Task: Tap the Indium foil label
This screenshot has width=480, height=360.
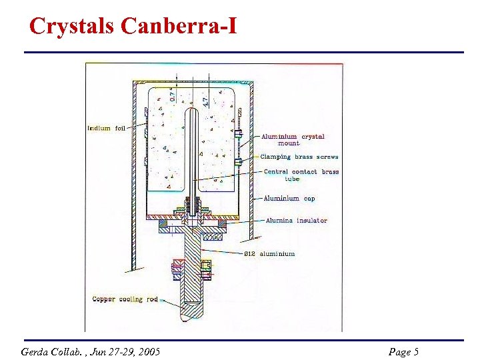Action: pyautogui.click(x=106, y=128)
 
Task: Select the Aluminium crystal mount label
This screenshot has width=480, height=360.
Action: pyautogui.click(x=293, y=139)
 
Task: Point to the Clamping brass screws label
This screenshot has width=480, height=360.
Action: pyautogui.click(x=299, y=157)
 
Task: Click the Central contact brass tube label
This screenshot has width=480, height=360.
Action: pyautogui.click(x=301, y=175)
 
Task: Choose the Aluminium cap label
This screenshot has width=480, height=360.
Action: pyautogui.click(x=289, y=198)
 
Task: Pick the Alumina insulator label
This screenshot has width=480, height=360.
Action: pyautogui.click(x=296, y=221)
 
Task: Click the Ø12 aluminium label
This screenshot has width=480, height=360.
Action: pyautogui.click(x=269, y=253)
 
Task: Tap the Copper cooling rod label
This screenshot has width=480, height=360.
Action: pyautogui.click(x=125, y=299)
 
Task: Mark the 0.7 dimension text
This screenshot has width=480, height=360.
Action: pyautogui.click(x=172, y=95)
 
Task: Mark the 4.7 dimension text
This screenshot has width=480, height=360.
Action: pyautogui.click(x=205, y=100)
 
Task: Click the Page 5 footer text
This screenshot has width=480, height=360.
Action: pyautogui.click(x=403, y=351)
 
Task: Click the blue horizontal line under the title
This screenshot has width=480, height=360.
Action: pyautogui.click(x=243, y=52)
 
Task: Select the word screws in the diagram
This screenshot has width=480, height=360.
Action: pyautogui.click(x=327, y=157)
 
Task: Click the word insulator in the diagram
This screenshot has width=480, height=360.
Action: pyautogui.click(x=312, y=221)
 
